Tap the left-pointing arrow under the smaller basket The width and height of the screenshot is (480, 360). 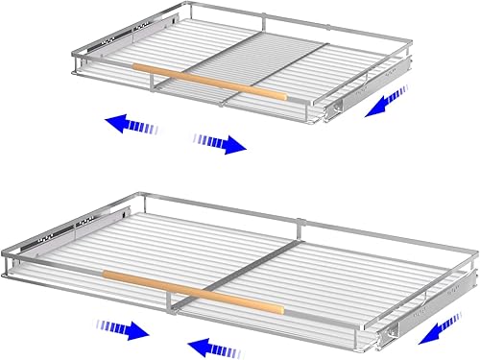click(x=132, y=123)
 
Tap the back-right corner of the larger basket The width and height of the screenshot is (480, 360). click(x=474, y=252)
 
